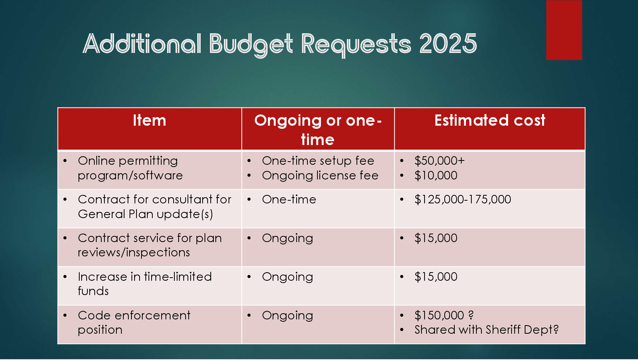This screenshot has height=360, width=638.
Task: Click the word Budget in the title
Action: pos(251,45)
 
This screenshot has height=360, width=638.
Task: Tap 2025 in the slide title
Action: pos(448,44)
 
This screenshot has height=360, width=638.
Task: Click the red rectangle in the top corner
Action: pos(564,30)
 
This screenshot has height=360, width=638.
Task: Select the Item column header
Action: pos(150,120)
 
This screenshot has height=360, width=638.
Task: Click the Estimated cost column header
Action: pos(490,120)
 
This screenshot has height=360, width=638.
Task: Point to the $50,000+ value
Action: pos(440,161)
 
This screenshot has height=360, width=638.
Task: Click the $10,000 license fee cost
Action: pos(436,176)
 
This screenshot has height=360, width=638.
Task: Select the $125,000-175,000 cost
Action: pos(462,200)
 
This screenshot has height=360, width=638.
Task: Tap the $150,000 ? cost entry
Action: pos(444,315)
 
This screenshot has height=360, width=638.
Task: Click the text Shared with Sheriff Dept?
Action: pos(486,330)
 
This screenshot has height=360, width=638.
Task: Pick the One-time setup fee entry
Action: pos(318,161)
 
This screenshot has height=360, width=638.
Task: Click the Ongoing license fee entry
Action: pos(320,176)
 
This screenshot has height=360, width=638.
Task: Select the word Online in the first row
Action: pos(97,161)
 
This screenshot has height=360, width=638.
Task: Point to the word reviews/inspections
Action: pos(134,253)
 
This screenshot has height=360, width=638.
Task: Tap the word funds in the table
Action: pos(94,291)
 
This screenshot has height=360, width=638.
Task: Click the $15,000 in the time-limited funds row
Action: pos(436,277)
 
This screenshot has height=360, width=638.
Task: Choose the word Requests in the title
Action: pos(356,45)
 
